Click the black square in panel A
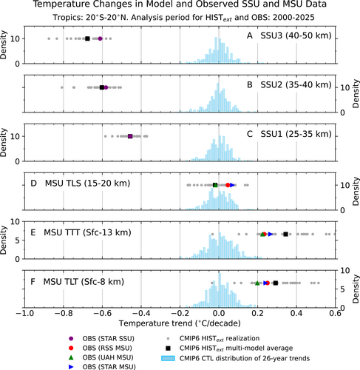pos(87,38)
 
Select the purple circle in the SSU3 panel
pos(100,38)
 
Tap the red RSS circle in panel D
pos(228,185)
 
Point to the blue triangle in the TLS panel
pos(232,185)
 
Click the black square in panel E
pos(285,234)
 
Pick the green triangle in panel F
pos(257,283)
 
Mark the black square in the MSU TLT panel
pos(276,283)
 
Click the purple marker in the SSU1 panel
pos(130,136)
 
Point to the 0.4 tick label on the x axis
pos(296,313)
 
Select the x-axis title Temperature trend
pos(180,323)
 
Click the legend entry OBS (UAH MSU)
pos(108,357)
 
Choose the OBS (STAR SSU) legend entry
pos(109,338)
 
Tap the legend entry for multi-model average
pos(236,348)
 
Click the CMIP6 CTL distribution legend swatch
pos(168,358)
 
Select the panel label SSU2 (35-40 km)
pos(296,85)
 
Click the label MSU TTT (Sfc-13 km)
pos(87,232)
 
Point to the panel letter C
pos(250,134)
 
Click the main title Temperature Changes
pos(180,4)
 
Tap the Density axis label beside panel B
pos(356,93)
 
